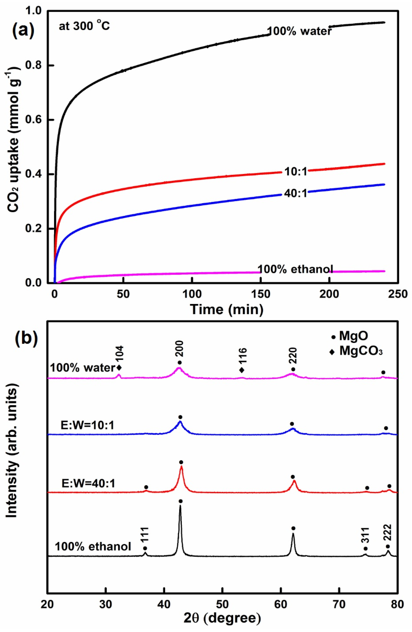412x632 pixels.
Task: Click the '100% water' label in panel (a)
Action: pyautogui.click(x=299, y=31)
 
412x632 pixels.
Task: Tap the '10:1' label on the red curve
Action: pyautogui.click(x=295, y=172)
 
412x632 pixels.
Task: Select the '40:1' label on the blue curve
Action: pyautogui.click(x=295, y=193)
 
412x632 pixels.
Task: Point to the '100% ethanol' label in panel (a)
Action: pyautogui.click(x=295, y=269)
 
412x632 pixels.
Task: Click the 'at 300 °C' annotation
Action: pyautogui.click(x=84, y=26)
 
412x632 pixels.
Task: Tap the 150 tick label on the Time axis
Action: pyautogui.click(x=260, y=294)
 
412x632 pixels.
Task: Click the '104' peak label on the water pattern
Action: pyautogui.click(x=119, y=354)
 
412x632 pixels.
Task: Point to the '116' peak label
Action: pyautogui.click(x=243, y=356)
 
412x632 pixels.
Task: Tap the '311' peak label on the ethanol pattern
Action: pyautogui.click(x=365, y=535)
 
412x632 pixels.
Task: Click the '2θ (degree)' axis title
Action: pyautogui.click(x=222, y=618)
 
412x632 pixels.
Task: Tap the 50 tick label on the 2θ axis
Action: pyautogui.click(x=222, y=604)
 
